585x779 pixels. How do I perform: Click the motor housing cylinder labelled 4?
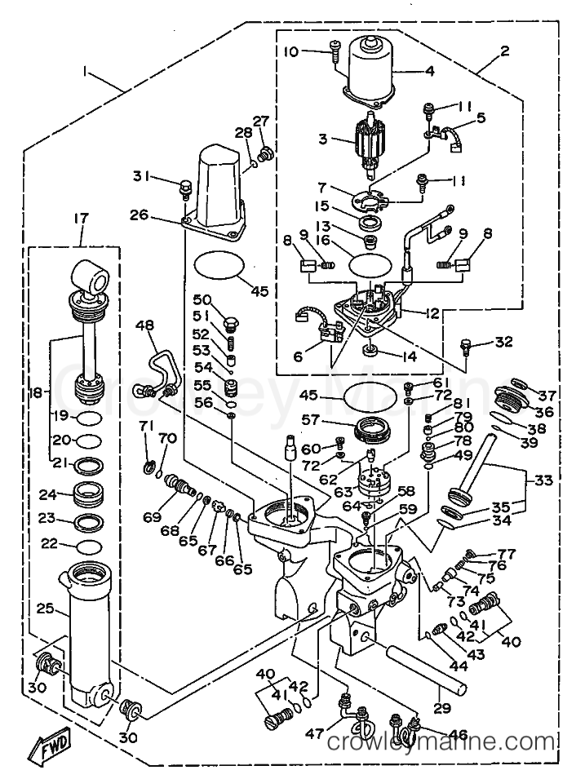(x=372, y=72)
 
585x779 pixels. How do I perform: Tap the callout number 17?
(x=82, y=218)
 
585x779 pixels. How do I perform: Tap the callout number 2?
(x=505, y=51)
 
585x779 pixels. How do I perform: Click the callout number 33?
(x=543, y=480)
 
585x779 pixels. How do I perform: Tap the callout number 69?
(x=152, y=516)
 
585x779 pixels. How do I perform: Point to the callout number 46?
(x=458, y=734)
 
